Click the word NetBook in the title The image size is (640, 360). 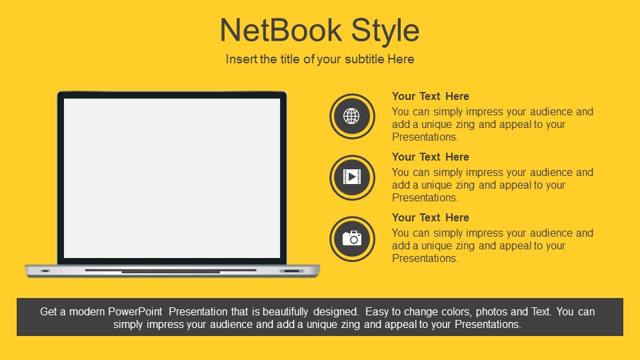click(x=281, y=30)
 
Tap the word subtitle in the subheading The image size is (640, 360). click(x=365, y=59)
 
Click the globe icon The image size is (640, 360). click(x=351, y=116)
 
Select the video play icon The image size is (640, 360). click(x=352, y=177)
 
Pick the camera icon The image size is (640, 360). click(x=352, y=239)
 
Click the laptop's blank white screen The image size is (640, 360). click(x=172, y=179)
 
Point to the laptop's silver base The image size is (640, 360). click(x=172, y=271)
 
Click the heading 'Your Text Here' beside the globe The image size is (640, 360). click(x=430, y=96)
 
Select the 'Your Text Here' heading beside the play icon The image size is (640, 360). click(x=430, y=157)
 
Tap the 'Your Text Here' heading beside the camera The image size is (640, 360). click(x=430, y=217)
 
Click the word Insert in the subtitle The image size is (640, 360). click(x=241, y=59)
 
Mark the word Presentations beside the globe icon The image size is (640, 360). click(x=425, y=137)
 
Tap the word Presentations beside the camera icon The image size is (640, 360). click(x=425, y=259)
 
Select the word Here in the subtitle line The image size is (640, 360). click(x=401, y=59)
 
